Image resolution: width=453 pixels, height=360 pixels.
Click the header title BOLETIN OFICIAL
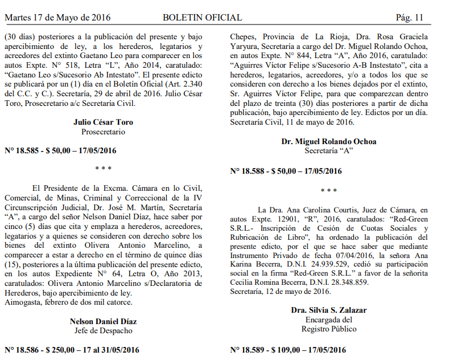coord(202,18)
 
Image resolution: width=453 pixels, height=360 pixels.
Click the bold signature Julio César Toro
coord(103,122)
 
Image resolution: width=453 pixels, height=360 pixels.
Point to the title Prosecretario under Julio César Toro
coord(103,132)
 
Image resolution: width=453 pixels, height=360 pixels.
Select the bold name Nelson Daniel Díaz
coord(103,321)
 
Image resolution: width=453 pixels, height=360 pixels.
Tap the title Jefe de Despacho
coord(103,330)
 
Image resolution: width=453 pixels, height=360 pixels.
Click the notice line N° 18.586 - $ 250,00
coord(72,349)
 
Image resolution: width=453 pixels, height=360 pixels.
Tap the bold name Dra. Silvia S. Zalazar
coord(329,310)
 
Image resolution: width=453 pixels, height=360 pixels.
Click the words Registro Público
coord(329,329)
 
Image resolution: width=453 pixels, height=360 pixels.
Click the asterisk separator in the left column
coord(103,169)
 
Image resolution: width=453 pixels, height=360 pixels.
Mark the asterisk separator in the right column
coord(329,190)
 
